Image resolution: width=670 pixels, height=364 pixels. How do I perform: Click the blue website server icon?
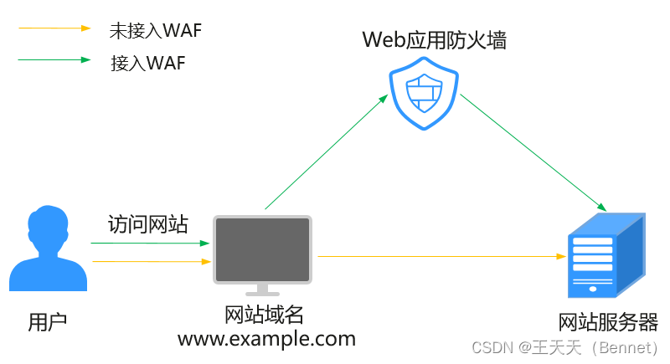pos(606,255)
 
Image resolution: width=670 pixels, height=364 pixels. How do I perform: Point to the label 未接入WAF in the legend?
pos(156,31)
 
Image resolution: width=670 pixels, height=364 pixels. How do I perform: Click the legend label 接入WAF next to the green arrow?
pos(147,63)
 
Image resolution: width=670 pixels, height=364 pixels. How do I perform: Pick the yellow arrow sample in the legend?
pos(54,28)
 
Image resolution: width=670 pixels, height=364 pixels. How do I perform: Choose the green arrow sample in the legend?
pos(54,60)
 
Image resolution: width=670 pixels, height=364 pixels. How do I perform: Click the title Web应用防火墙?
pos(434,39)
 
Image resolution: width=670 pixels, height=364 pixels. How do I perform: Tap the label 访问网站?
pos(148,224)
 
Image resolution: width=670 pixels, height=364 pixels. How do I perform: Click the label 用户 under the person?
pos(47,320)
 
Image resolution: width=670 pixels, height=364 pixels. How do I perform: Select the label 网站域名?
pos(264,315)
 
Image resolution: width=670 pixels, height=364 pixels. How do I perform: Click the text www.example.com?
pos(266,339)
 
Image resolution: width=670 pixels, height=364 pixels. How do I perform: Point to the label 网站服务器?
pos(608,322)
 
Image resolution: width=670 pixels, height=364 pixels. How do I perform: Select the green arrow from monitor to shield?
pos(327,151)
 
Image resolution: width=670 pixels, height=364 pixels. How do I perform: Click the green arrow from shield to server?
pos(533,151)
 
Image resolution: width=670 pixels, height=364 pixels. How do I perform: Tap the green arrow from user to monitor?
pos(150,244)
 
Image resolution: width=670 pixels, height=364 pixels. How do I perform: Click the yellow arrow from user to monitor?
pos(150,262)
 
